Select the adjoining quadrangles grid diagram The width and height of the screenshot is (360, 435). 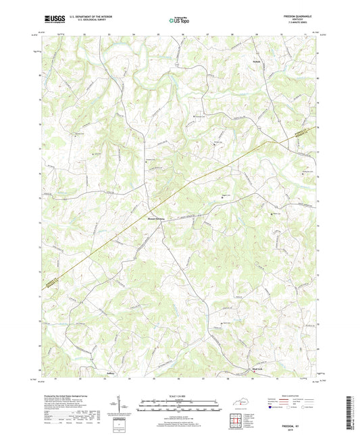238,420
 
